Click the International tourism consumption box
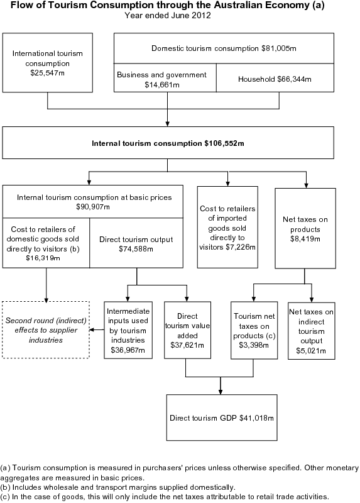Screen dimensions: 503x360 [48, 62]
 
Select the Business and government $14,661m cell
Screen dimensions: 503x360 [161, 79]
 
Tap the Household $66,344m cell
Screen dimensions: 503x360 [275, 79]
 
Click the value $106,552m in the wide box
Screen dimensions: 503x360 [224, 143]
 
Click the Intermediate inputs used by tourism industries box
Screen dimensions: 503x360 [128, 330]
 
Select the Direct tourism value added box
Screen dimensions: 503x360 [187, 330]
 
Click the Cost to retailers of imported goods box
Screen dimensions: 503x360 [227, 227]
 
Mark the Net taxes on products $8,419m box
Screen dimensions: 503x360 [305, 227]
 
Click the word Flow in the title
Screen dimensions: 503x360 [24, 6]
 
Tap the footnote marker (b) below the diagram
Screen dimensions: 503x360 [6, 487]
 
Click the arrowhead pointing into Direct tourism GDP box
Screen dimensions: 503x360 [220, 391]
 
